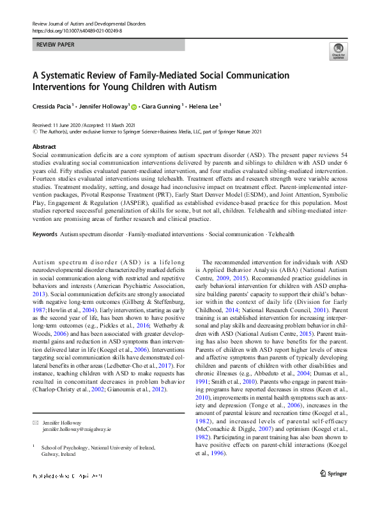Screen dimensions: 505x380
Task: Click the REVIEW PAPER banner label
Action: pos(55,45)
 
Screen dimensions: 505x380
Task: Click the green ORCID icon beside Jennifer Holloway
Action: pos(135,106)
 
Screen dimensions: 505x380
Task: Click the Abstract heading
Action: pos(43,147)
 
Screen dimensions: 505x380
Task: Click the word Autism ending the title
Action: pos(201,86)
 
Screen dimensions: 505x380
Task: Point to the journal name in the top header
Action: pos(88,24)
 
